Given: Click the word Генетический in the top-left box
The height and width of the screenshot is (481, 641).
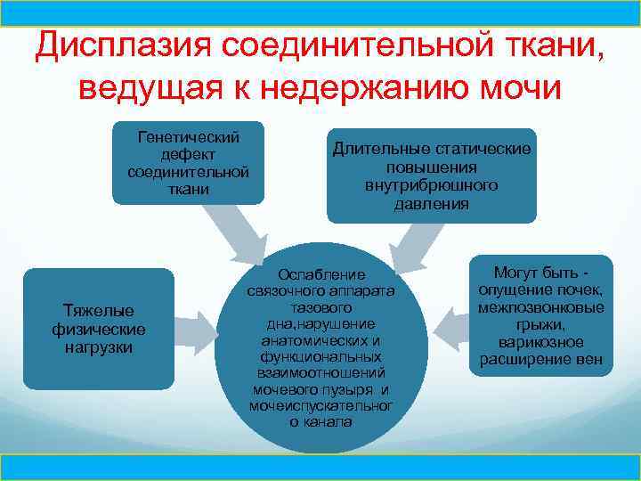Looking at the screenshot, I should (188, 138).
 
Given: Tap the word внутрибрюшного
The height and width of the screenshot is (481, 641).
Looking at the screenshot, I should (431, 185).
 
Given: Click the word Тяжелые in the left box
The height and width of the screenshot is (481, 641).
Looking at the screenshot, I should (98, 311).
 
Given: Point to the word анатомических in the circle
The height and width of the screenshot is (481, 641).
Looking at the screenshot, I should (321, 339).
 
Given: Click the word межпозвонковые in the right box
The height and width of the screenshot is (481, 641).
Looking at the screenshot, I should (540, 307).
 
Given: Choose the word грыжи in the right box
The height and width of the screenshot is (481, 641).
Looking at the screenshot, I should (540, 325).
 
